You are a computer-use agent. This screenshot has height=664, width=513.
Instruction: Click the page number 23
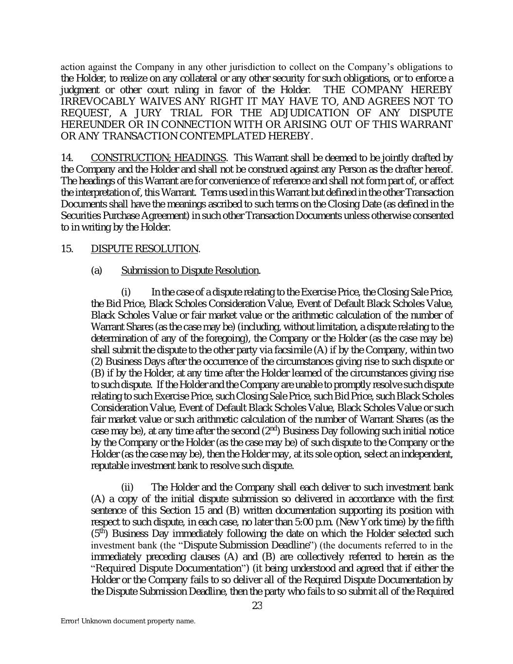tap(257, 606)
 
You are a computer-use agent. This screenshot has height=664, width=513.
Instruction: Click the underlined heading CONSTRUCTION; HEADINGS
tap(158, 158)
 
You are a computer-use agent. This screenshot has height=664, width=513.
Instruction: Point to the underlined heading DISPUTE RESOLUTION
tap(144, 249)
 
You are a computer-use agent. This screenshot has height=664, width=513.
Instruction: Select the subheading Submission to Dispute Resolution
tap(190, 270)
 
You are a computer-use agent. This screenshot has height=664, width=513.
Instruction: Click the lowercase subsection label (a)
tap(96, 270)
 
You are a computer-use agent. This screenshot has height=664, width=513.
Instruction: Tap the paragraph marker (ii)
tap(127, 487)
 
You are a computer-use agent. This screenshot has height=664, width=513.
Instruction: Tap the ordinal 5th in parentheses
tap(98, 533)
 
